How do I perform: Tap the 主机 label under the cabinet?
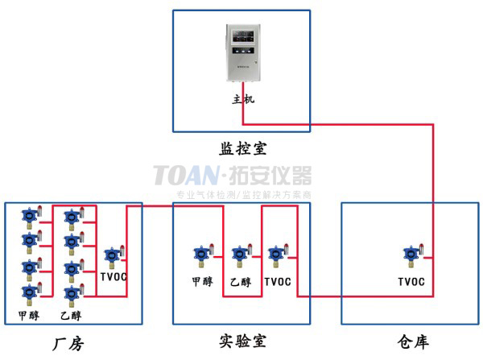pyautogui.click(x=242, y=100)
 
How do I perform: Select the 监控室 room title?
pyautogui.click(x=242, y=149)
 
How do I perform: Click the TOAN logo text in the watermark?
pyautogui.click(x=184, y=175)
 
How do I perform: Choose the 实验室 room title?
pyautogui.click(x=242, y=342)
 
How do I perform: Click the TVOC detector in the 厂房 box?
pyautogui.click(x=111, y=257)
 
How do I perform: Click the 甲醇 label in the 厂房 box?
pyautogui.click(x=28, y=315)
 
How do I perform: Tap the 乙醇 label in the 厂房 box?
pyautogui.click(x=70, y=315)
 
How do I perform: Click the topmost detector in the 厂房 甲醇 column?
pyautogui.click(x=30, y=217)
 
